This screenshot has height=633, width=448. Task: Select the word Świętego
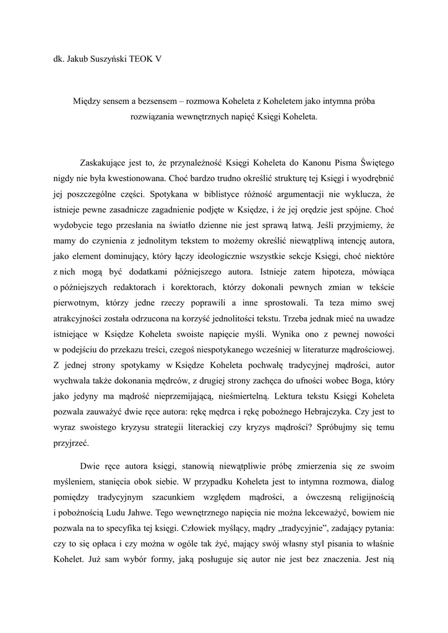[374, 163]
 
